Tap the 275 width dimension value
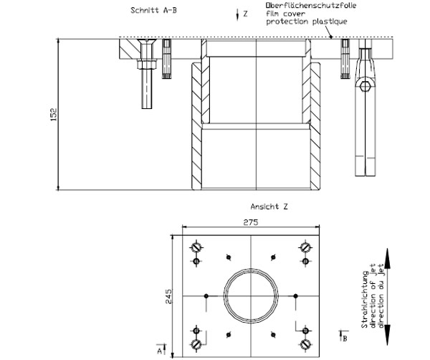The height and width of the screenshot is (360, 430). [250, 223]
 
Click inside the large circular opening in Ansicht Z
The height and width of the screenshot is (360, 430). [249, 294]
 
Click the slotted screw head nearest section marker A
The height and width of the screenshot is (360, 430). [196, 344]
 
